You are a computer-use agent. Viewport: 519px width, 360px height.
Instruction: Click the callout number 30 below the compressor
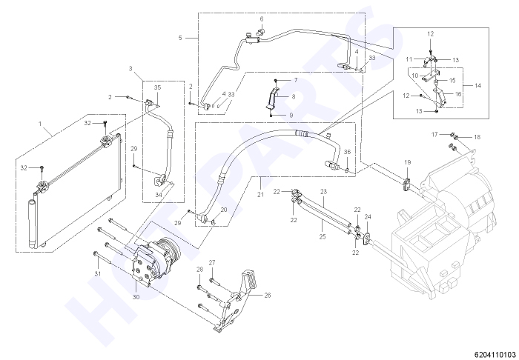136,297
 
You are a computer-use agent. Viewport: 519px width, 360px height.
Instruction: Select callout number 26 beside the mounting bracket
268,296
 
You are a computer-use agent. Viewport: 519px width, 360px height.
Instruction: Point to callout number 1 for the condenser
40,124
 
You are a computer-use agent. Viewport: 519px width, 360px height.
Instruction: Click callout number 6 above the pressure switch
262,19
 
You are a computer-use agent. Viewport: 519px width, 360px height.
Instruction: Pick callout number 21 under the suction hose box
260,194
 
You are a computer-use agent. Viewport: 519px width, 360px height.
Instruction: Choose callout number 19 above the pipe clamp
408,162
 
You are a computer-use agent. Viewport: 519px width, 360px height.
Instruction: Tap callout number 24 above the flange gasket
368,217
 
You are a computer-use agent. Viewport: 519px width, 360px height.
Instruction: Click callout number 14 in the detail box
477,86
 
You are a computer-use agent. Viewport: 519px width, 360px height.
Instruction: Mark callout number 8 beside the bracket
294,97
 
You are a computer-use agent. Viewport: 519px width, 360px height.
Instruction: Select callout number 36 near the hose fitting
347,152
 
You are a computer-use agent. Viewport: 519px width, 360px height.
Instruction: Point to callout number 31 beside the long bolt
97,274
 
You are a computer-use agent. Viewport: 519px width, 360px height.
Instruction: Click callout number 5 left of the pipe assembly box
180,38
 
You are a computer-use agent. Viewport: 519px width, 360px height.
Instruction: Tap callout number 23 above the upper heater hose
323,191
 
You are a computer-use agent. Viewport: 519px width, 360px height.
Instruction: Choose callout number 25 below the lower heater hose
323,237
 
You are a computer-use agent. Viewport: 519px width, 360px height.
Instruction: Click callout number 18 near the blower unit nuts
477,137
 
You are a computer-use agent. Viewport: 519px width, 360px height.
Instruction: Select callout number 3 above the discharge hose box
130,69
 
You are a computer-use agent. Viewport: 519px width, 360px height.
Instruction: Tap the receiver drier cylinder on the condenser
33,224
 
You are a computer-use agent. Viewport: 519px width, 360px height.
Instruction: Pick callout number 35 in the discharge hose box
157,87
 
